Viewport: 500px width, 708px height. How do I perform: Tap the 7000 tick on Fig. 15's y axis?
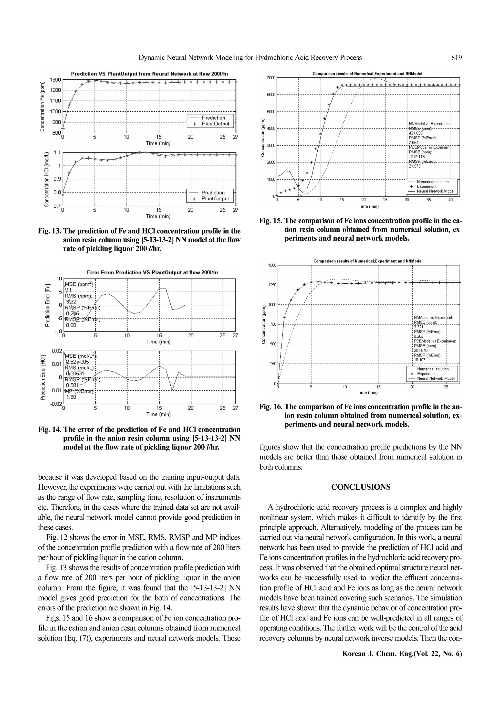[271, 78]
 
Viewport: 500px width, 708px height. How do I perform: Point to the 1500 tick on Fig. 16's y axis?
[272, 265]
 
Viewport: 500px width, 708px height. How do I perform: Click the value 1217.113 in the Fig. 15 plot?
[417, 157]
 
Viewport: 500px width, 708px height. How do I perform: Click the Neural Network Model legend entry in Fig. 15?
[435, 191]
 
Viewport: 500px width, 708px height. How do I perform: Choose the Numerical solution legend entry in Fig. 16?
[433, 369]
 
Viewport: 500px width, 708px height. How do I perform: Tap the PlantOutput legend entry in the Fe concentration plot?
[215, 124]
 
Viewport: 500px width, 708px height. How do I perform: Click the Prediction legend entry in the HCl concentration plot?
[213, 193]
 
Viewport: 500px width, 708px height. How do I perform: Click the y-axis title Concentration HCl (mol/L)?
[47, 179]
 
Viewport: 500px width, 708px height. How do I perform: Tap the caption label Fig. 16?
[271, 407]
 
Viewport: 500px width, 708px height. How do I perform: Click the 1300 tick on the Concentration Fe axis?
[55, 80]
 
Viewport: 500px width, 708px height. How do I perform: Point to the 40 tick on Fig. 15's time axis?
[450, 200]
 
